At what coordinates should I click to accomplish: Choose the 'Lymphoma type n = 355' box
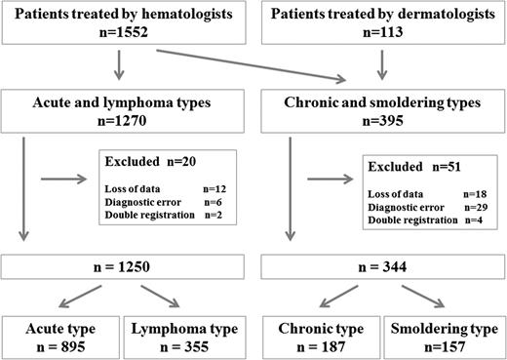183,334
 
